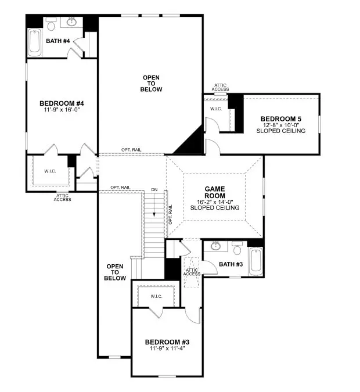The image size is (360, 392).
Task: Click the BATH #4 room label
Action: click(x=57, y=41)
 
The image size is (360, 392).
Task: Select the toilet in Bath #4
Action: click(x=51, y=24)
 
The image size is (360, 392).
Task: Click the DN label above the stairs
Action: click(x=154, y=189)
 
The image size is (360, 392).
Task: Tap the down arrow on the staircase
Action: click(x=154, y=215)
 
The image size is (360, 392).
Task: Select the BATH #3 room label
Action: click(x=231, y=265)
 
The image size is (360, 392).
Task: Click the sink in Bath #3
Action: click(x=215, y=246)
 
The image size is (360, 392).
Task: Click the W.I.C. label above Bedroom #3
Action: click(x=156, y=296)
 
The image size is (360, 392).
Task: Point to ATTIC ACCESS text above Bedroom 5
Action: click(x=221, y=88)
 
